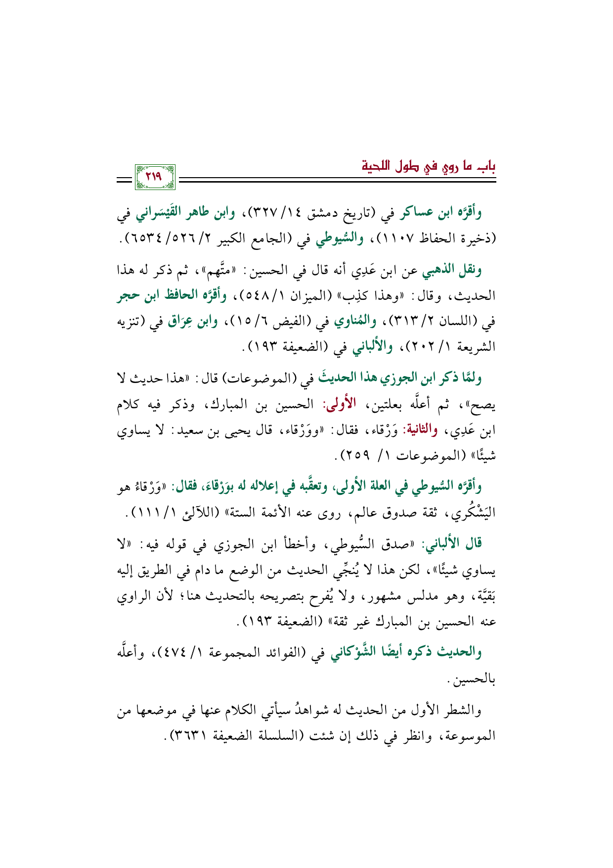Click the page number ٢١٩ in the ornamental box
click(154, 176)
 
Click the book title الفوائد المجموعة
click(247, 654)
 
